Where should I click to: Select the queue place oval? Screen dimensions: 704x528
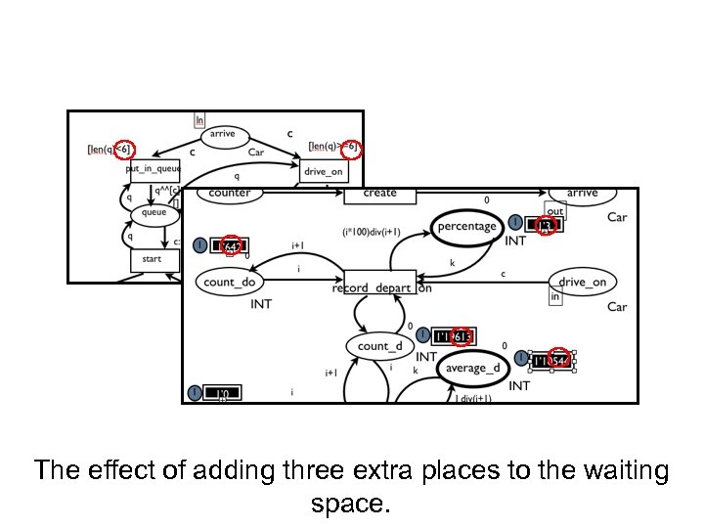pyautogui.click(x=154, y=212)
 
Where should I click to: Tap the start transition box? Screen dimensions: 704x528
pyautogui.click(x=154, y=259)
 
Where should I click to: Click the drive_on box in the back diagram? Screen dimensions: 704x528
pyautogui.click(x=324, y=172)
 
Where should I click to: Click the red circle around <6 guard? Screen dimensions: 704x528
pyautogui.click(x=123, y=149)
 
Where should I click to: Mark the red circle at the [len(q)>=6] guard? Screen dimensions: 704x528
pyautogui.click(x=352, y=149)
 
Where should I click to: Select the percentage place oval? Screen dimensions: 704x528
pyautogui.click(x=466, y=226)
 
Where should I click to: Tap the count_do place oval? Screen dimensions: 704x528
pyautogui.click(x=230, y=283)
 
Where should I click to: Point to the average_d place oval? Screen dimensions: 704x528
pyautogui.click(x=472, y=368)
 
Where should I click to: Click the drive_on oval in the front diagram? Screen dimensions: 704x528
pyautogui.click(x=583, y=283)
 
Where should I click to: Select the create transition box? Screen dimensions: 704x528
pyautogui.click(x=379, y=194)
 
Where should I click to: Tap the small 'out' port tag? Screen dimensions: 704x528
pyautogui.click(x=555, y=210)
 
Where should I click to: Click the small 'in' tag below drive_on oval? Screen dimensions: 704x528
pyautogui.click(x=555, y=297)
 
